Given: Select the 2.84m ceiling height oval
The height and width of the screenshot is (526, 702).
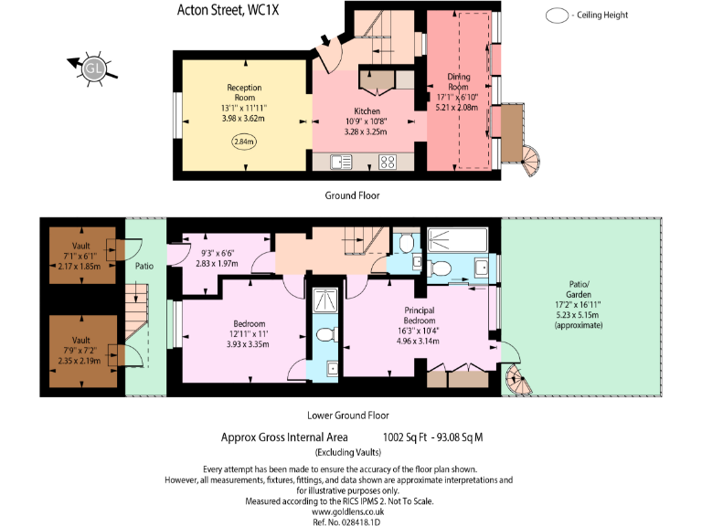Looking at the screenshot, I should coord(244,142).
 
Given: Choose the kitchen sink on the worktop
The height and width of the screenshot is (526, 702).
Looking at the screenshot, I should coord(342,163).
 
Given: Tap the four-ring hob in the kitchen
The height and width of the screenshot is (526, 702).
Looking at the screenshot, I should coord(387,163).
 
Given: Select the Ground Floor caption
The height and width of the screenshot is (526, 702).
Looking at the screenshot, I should coord(352,195).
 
